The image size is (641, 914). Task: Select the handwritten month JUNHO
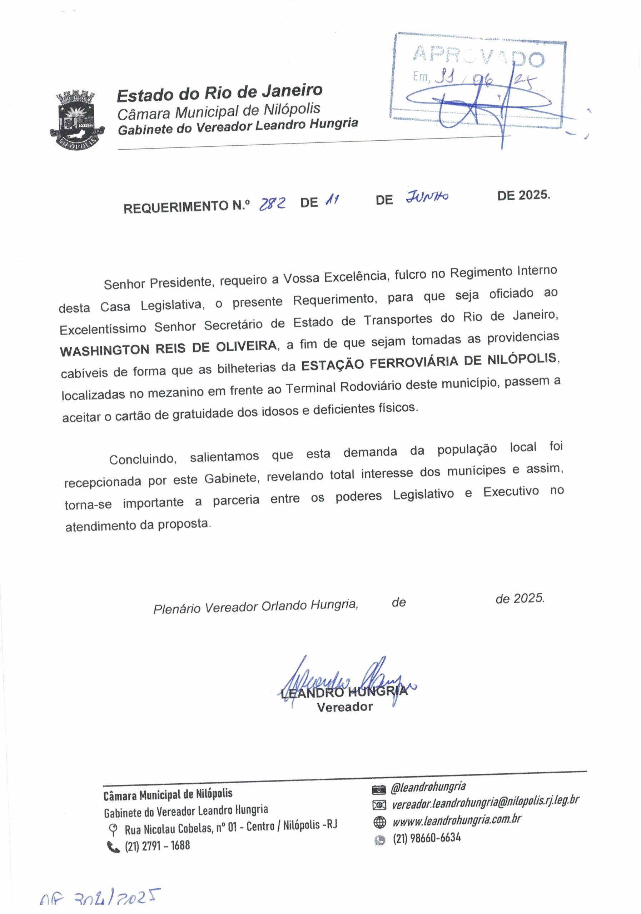tap(427, 197)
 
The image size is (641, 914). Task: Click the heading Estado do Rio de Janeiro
tap(219, 92)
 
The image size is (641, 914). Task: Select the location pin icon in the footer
tap(113, 830)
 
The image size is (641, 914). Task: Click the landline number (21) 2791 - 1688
tap(157, 845)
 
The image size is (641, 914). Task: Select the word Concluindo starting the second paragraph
tap(143, 459)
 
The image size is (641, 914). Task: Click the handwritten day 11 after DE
tap(332, 200)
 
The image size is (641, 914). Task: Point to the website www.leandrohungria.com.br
tap(457, 820)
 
